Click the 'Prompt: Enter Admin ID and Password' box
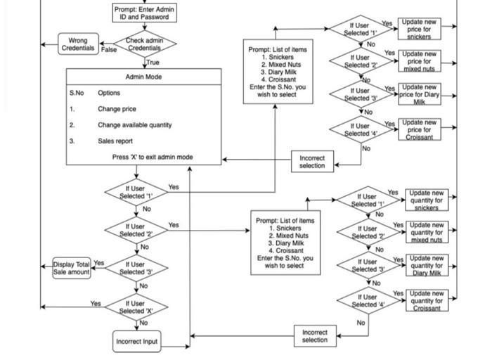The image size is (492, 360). pyautogui.click(x=145, y=13)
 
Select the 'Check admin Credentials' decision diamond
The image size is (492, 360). pyautogui.click(x=144, y=44)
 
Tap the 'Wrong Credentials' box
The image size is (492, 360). pyautogui.click(x=78, y=44)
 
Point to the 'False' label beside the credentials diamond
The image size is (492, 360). pyautogui.click(x=109, y=50)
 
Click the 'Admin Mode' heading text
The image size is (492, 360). pyautogui.click(x=144, y=77)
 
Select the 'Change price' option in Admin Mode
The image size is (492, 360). pyautogui.click(x=117, y=109)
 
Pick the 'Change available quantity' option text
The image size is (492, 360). pyautogui.click(x=134, y=125)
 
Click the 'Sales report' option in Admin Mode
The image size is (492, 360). pyautogui.click(x=115, y=141)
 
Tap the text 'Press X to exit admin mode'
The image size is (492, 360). pyautogui.click(x=153, y=157)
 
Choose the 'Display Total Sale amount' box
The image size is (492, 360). pyautogui.click(x=72, y=268)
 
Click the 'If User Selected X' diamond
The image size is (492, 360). pyautogui.click(x=136, y=307)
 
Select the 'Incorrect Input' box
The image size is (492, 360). pyautogui.click(x=136, y=342)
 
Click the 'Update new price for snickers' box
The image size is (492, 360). pyautogui.click(x=419, y=29)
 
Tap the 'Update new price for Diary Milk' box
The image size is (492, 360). pyautogui.click(x=419, y=94)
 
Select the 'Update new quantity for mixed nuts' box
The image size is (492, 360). pyautogui.click(x=427, y=232)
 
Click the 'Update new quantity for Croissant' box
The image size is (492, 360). pyautogui.click(x=427, y=300)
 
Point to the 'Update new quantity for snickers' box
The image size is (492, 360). pyautogui.click(x=427, y=200)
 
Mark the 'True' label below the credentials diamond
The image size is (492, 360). pyautogui.click(x=153, y=63)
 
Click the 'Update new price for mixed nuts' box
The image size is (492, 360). pyautogui.click(x=419, y=61)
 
